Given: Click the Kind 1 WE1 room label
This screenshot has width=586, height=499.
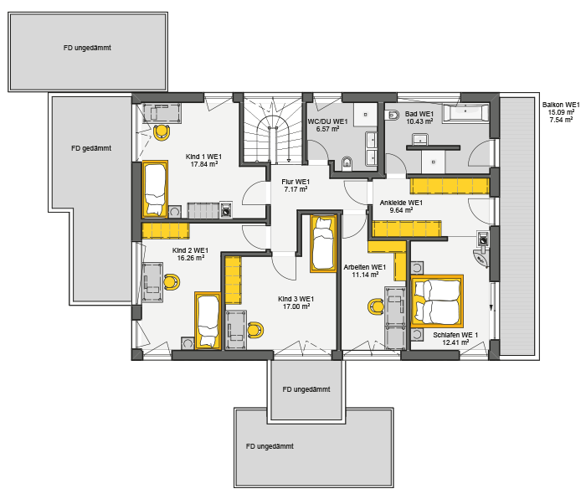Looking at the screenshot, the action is [x=203, y=157].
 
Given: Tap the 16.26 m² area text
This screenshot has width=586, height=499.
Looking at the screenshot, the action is [x=191, y=258].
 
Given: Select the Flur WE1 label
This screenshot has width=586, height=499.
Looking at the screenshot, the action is [x=296, y=182].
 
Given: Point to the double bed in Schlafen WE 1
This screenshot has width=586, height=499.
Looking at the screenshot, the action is [x=437, y=301].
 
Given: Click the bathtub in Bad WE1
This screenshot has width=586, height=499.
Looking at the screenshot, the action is [x=465, y=113].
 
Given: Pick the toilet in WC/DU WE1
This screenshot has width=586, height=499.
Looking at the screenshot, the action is [x=347, y=163].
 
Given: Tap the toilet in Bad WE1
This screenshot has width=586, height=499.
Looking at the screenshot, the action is [x=392, y=116].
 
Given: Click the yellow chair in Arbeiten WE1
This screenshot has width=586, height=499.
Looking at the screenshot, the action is [x=376, y=307].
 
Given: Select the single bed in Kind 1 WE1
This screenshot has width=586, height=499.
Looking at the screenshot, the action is [x=155, y=189].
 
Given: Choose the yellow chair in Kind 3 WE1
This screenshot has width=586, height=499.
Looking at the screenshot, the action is [x=255, y=330].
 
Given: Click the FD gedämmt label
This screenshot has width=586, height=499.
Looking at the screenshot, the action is [x=91, y=148].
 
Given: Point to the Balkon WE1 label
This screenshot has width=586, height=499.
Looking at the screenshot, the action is [x=561, y=105].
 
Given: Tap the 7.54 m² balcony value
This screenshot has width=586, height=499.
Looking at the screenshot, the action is [x=561, y=120].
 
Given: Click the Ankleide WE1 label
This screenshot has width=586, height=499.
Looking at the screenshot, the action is [x=401, y=203].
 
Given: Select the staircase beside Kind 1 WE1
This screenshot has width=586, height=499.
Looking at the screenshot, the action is [x=273, y=129].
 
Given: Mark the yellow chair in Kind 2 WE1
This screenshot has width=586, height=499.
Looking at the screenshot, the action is [x=172, y=282].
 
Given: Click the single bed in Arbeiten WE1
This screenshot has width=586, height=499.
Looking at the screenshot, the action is [x=324, y=244].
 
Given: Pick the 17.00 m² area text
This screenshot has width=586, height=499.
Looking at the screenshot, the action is [x=296, y=306].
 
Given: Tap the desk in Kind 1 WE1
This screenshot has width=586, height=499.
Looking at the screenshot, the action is [x=162, y=113].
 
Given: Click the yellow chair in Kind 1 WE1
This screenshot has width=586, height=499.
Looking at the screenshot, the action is [x=162, y=132].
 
